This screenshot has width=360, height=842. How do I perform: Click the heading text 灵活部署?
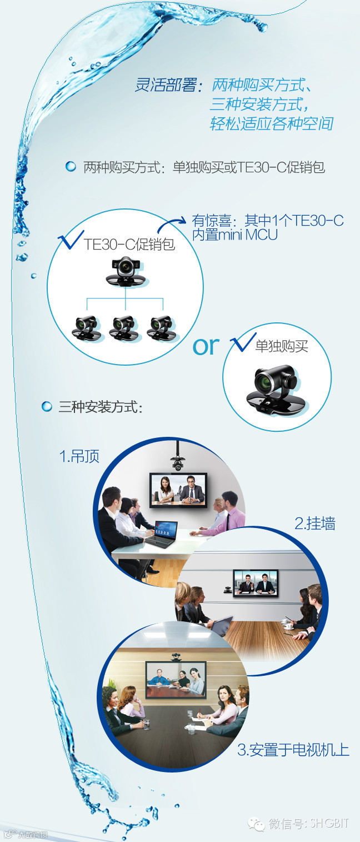tap(166, 86)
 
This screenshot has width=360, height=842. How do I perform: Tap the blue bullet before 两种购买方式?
tap(71, 167)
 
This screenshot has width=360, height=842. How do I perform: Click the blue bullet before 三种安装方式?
tap(47, 407)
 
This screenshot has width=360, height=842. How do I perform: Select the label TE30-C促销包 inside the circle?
tap(129, 245)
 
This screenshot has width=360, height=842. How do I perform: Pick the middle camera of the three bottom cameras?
tap(124, 327)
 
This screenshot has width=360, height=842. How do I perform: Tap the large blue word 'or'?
tap(206, 346)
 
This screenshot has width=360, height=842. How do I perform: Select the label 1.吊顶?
tap(79, 456)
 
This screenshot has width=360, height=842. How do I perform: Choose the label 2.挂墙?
tap(314, 523)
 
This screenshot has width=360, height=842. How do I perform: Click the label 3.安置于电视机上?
tap(293, 750)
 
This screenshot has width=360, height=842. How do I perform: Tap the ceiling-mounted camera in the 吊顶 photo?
tap(178, 461)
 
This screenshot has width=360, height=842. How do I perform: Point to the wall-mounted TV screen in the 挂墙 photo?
tap(255, 583)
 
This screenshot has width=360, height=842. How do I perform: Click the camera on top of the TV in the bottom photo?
tap(176, 656)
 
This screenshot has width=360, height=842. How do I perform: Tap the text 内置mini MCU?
tap(234, 235)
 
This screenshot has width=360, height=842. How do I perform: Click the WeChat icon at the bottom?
tap(257, 823)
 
